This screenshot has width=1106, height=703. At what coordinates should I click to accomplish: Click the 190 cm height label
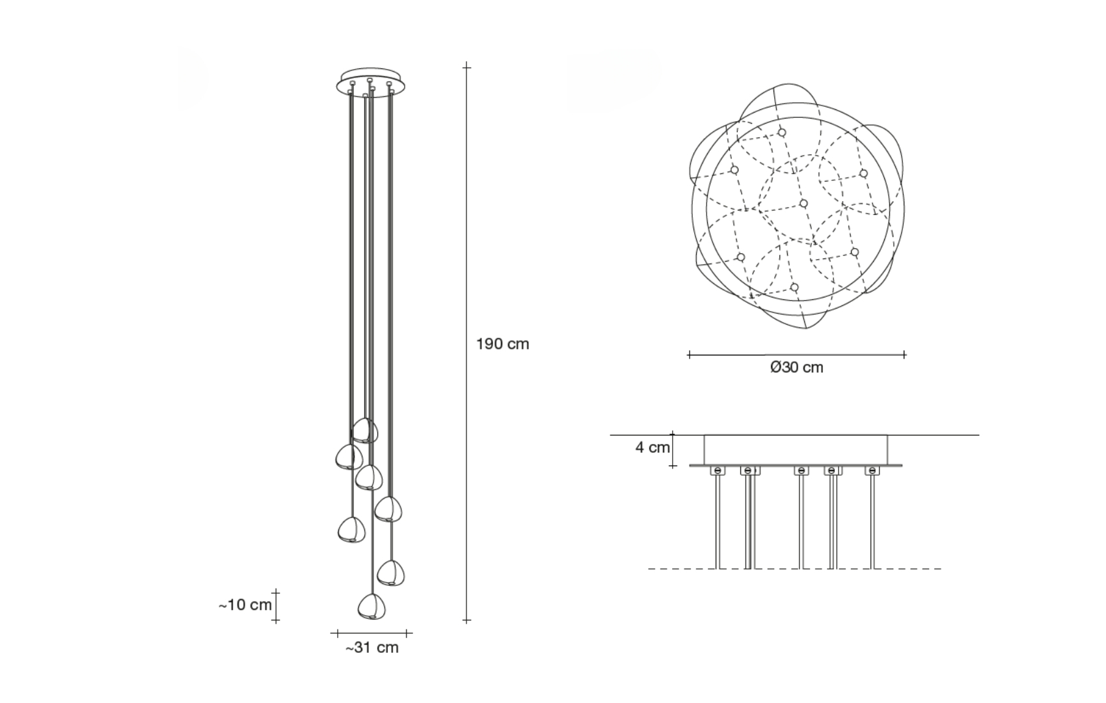tap(502, 344)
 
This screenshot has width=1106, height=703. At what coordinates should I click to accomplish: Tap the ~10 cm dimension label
tap(245, 605)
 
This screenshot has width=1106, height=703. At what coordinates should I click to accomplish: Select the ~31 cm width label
tap(371, 648)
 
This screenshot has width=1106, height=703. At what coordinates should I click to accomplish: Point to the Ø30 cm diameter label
tap(796, 368)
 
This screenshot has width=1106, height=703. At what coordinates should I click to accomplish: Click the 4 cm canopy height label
tap(653, 448)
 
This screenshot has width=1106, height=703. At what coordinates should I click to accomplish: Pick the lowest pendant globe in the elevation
tap(371, 607)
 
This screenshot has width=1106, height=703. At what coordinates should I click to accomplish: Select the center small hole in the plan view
tap(803, 204)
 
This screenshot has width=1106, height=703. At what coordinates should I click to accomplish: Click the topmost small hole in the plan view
tap(781, 132)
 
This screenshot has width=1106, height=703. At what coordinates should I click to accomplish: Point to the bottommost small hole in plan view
tap(794, 287)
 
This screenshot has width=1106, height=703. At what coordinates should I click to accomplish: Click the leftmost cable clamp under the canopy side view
tap(718, 471)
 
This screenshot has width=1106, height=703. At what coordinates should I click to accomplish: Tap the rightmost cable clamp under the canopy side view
tap(872, 471)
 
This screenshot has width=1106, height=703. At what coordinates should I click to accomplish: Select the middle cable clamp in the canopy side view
tap(802, 471)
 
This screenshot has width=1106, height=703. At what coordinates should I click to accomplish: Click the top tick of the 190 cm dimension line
tap(466, 66)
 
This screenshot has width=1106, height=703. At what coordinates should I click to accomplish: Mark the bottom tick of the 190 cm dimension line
tap(466, 620)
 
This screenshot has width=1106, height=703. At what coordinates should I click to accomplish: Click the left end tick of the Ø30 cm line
tap(689, 354)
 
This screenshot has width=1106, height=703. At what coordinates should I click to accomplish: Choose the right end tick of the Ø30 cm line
tap(904, 354)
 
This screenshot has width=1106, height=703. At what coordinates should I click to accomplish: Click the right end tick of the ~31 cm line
tap(407, 633)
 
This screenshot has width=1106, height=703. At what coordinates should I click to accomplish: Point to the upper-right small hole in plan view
tap(863, 173)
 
